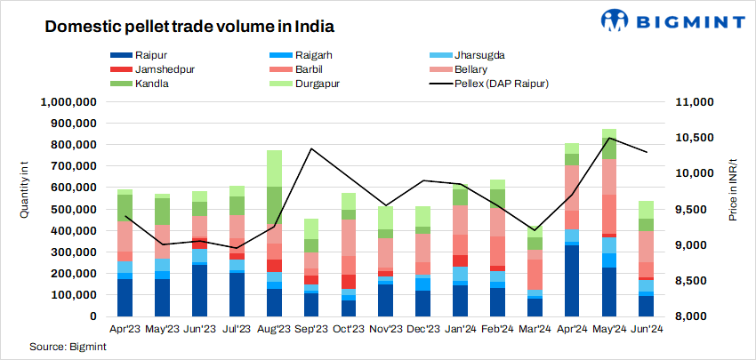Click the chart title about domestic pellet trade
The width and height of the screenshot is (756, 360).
click(x=165, y=28)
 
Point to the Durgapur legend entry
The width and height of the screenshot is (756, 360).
click(x=312, y=84)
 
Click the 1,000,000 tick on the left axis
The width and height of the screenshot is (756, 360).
click(x=68, y=102)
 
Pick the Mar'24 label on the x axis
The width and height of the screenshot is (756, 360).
click(x=559, y=328)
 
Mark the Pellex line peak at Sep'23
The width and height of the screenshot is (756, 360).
click(x=311, y=148)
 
